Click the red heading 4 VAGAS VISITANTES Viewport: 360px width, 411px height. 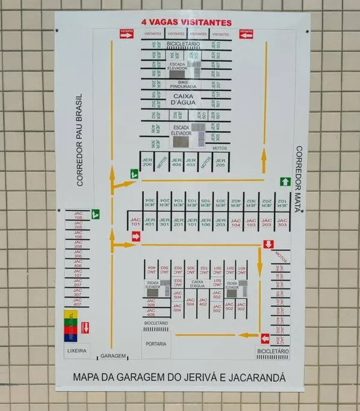pos(185,22)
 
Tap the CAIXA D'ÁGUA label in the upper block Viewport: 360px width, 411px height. pos(185,99)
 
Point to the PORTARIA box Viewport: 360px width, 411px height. pos(155,345)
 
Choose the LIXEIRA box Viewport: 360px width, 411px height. pos(76,351)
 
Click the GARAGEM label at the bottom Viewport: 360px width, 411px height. pos(113,356)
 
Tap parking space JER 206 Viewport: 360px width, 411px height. pos(147,161)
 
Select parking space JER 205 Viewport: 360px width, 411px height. pos(220,161)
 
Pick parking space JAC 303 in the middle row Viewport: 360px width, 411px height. pos(281,223)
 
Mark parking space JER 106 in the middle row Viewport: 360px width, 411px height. pos(206,223)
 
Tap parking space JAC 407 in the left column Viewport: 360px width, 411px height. pos(78,302)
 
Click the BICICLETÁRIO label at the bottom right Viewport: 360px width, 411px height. pos(273,351)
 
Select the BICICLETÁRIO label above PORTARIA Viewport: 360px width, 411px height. pos(155,323)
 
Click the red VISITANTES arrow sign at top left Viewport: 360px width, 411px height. pos(126,34)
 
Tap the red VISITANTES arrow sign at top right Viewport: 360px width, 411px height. pos(246,34)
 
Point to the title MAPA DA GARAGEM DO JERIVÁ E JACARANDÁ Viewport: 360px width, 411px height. pos(179,378)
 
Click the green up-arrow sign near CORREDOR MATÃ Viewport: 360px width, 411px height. pos(285,181)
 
